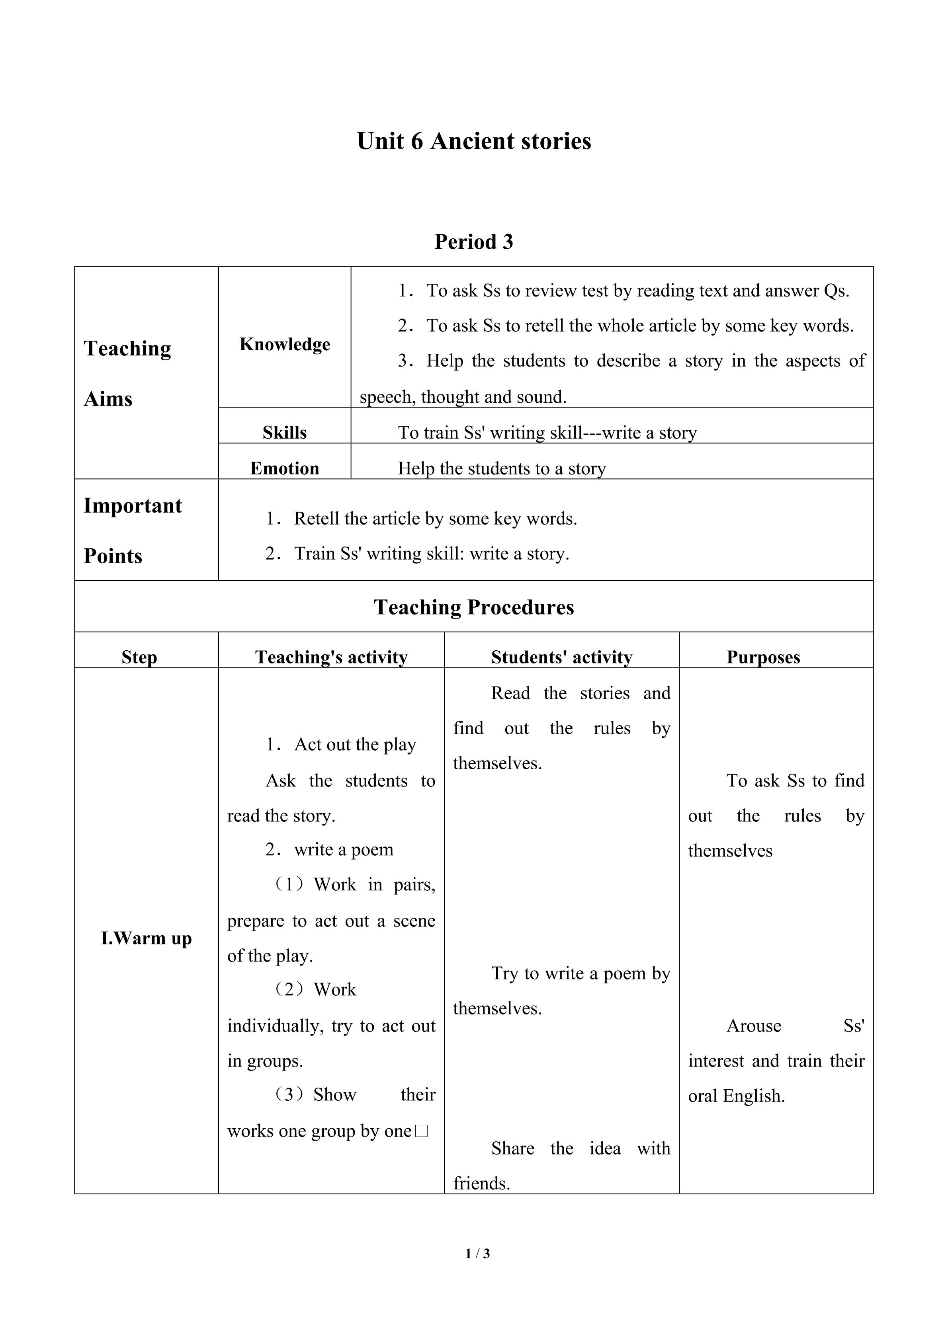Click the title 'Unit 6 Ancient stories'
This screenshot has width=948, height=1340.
(x=473, y=141)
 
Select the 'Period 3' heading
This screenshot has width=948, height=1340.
(x=473, y=242)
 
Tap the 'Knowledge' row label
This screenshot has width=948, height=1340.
(x=284, y=344)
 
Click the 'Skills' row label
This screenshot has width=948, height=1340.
(x=284, y=433)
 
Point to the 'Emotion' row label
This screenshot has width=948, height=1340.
(x=284, y=468)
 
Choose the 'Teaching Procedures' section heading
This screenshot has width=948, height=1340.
(x=473, y=607)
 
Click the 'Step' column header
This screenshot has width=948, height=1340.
(x=139, y=657)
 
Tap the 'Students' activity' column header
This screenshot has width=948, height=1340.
(x=561, y=657)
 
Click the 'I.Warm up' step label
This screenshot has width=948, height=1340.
(x=146, y=938)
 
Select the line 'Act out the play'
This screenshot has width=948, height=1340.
(x=355, y=744)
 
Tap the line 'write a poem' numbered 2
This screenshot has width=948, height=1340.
(x=343, y=849)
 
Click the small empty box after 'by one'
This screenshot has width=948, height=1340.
(x=422, y=1131)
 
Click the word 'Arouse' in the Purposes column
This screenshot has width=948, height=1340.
(x=754, y=1026)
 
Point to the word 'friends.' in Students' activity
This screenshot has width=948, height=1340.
(x=482, y=1183)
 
